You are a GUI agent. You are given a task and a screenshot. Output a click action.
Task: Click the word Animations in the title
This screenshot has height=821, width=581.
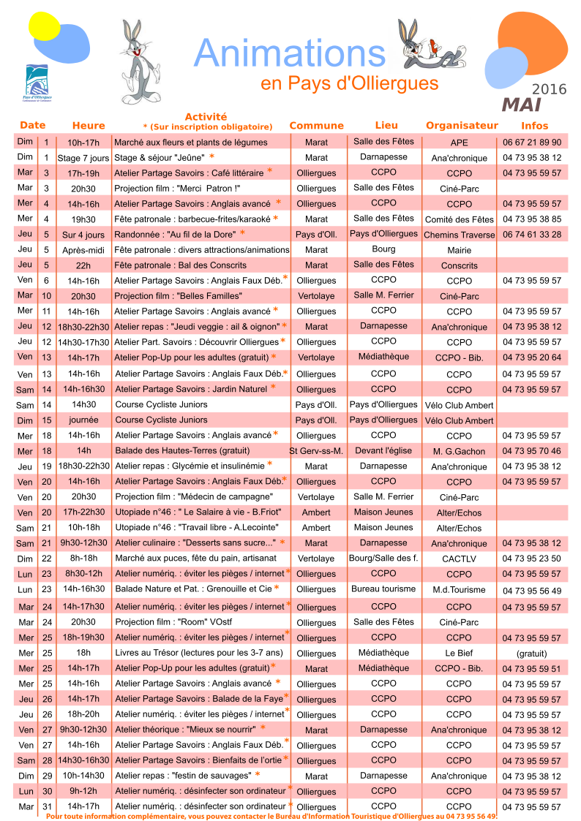(290, 53)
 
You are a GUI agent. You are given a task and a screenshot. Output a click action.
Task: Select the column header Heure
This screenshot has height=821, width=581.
(89, 126)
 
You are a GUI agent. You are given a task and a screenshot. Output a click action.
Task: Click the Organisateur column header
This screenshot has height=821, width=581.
(462, 126)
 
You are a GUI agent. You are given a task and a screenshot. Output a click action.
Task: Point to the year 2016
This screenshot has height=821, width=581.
(549, 89)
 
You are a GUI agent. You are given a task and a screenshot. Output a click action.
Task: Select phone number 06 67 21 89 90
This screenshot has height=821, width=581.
(532, 143)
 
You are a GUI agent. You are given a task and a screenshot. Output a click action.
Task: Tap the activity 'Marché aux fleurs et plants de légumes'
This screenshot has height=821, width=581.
(192, 143)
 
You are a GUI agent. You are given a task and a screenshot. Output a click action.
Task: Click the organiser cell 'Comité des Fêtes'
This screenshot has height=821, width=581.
(460, 219)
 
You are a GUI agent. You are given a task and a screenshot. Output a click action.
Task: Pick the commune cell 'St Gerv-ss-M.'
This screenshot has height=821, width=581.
(316, 451)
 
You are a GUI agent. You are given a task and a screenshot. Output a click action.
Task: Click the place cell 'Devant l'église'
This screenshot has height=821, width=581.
(383, 450)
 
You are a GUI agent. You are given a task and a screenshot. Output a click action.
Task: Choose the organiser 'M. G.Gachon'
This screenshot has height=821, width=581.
(459, 452)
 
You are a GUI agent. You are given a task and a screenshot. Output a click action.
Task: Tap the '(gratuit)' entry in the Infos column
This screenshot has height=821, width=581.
(532, 654)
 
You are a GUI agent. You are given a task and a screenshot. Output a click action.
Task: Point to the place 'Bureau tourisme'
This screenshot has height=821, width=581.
(383, 589)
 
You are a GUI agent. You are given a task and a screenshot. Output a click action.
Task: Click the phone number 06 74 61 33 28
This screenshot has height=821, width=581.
(532, 235)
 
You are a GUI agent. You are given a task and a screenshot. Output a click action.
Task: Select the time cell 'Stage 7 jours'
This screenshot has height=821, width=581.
(83, 158)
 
